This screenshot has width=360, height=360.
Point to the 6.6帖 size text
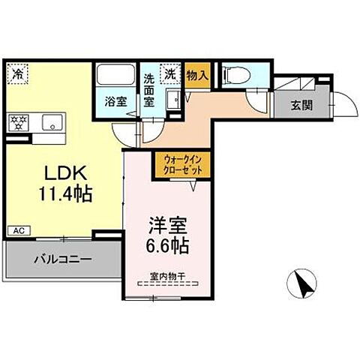click(166, 244)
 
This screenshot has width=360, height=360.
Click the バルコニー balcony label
click(62, 261)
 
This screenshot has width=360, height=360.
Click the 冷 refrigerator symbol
click(18, 73)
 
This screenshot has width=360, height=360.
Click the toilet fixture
click(231, 74)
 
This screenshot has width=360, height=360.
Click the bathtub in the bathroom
click(115, 76)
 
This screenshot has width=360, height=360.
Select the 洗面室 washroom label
click(149, 88)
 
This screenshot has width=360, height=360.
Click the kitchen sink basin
click(52, 122)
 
